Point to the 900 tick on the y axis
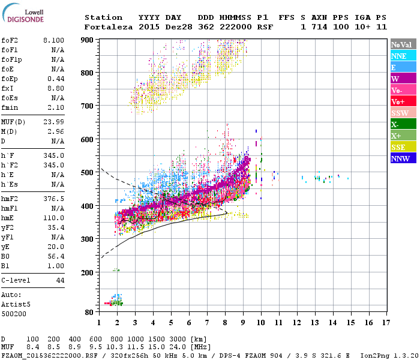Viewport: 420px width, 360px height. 88,40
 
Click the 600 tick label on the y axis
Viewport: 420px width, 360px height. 88,139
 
